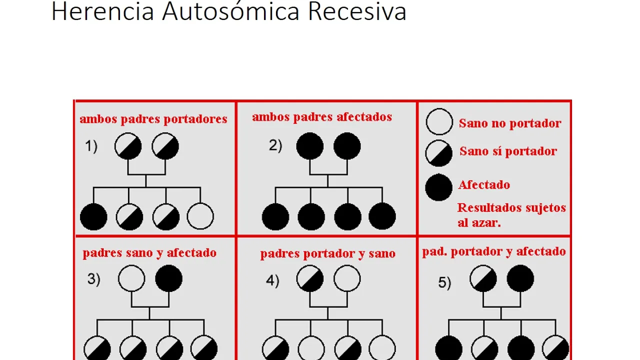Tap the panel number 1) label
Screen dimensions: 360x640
pos(91,146)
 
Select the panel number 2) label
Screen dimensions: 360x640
pos(275,145)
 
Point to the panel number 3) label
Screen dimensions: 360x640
pos(94,279)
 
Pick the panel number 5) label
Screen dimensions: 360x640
pos(444,282)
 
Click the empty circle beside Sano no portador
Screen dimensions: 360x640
pos(439,122)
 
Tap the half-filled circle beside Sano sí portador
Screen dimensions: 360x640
pos(438,152)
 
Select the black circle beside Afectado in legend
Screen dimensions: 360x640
pos(438,186)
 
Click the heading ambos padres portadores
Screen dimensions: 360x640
pos(153,119)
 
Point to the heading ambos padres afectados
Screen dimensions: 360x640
pos(322,117)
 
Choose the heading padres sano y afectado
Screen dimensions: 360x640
pos(149,253)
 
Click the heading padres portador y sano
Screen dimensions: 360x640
pos(327,253)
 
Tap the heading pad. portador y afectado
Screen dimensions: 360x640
pos(494,251)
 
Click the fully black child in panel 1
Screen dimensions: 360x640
pos(93,217)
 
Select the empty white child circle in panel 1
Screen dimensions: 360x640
pos(200,217)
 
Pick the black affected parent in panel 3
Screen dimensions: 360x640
pos(169,278)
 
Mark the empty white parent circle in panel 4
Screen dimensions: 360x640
pos(347,278)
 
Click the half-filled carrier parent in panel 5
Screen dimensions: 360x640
pos(483,278)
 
